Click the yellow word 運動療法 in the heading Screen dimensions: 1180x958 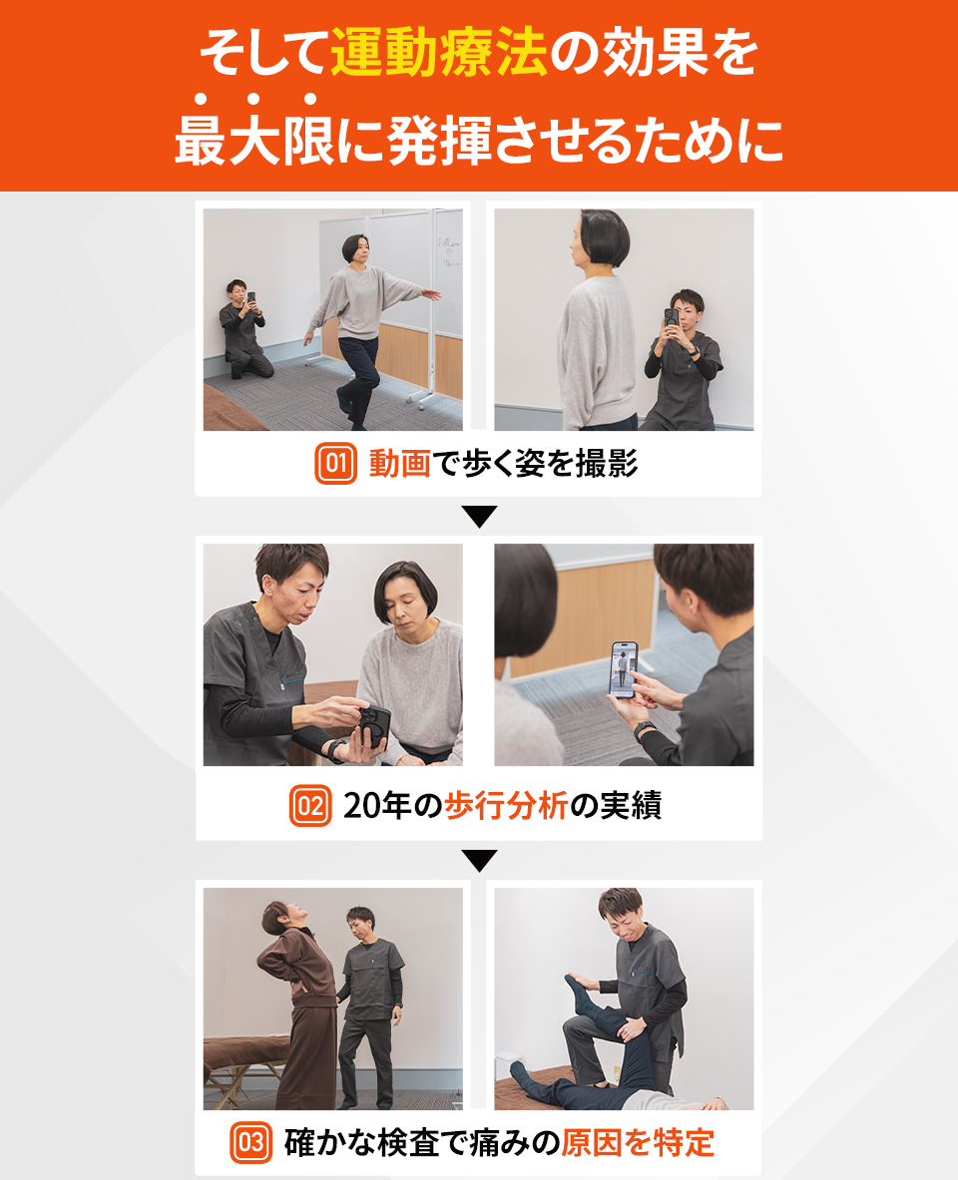(x=439, y=54)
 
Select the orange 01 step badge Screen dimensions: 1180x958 (x=335, y=464)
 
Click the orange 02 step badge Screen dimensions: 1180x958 (x=309, y=806)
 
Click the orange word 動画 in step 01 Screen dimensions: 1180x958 (x=399, y=464)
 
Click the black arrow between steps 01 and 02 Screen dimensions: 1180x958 (x=479, y=517)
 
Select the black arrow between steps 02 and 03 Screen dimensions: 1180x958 (x=479, y=860)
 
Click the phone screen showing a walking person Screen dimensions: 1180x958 (x=624, y=669)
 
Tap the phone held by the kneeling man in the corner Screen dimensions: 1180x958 (x=250, y=298)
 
